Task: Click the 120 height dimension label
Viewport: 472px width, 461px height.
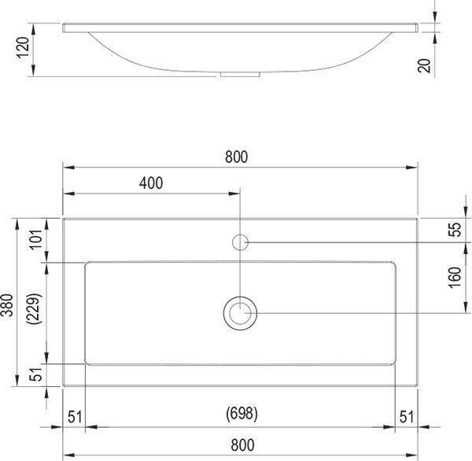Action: click(x=23, y=47)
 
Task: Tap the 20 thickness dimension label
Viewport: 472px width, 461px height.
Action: click(x=424, y=65)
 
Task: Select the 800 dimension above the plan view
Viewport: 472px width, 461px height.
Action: click(x=236, y=157)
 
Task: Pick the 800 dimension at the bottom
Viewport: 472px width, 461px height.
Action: click(x=242, y=445)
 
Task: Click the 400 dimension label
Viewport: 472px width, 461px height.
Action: click(x=151, y=183)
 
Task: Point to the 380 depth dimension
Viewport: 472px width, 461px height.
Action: click(x=7, y=305)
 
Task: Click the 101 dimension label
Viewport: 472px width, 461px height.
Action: click(x=35, y=239)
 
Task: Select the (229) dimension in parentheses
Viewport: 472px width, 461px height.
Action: click(x=34, y=308)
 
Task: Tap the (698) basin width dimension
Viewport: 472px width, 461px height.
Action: click(x=242, y=414)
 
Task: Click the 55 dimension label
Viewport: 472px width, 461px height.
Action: click(x=456, y=230)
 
